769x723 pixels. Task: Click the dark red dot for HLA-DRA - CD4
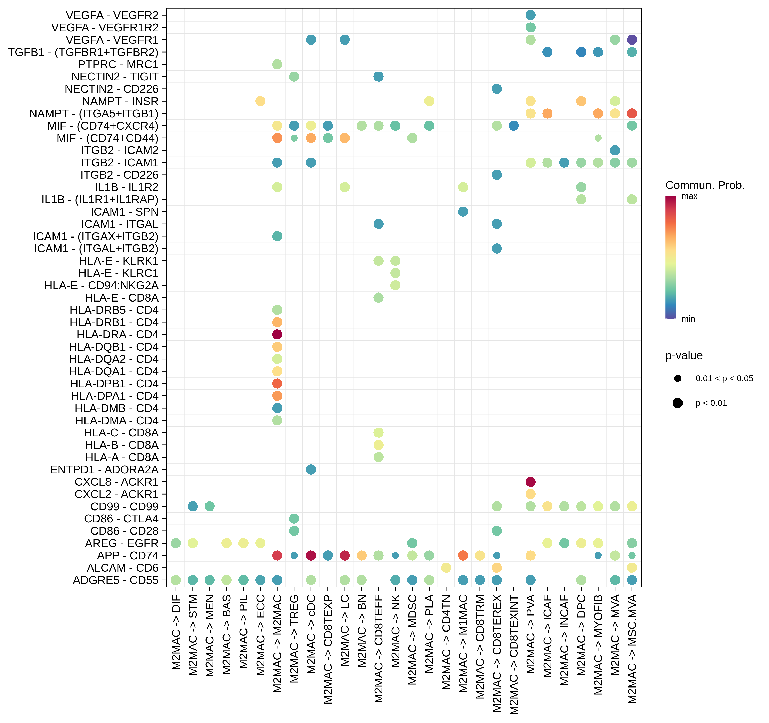[277, 334]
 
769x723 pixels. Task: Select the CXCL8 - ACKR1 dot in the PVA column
[530, 482]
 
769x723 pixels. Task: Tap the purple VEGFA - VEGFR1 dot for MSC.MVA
[632, 39]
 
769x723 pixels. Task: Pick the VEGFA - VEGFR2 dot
[530, 15]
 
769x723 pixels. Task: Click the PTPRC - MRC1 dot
[277, 64]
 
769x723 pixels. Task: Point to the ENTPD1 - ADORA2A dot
[311, 469]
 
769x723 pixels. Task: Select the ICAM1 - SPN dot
[463, 212]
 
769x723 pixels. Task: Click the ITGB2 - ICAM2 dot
[615, 150]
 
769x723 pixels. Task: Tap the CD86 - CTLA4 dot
[294, 518]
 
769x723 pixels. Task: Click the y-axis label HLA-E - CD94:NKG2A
[101, 286]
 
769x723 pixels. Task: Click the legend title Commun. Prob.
[705, 185]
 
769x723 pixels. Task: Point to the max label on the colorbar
[689, 196]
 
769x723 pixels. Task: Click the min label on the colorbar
[688, 319]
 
